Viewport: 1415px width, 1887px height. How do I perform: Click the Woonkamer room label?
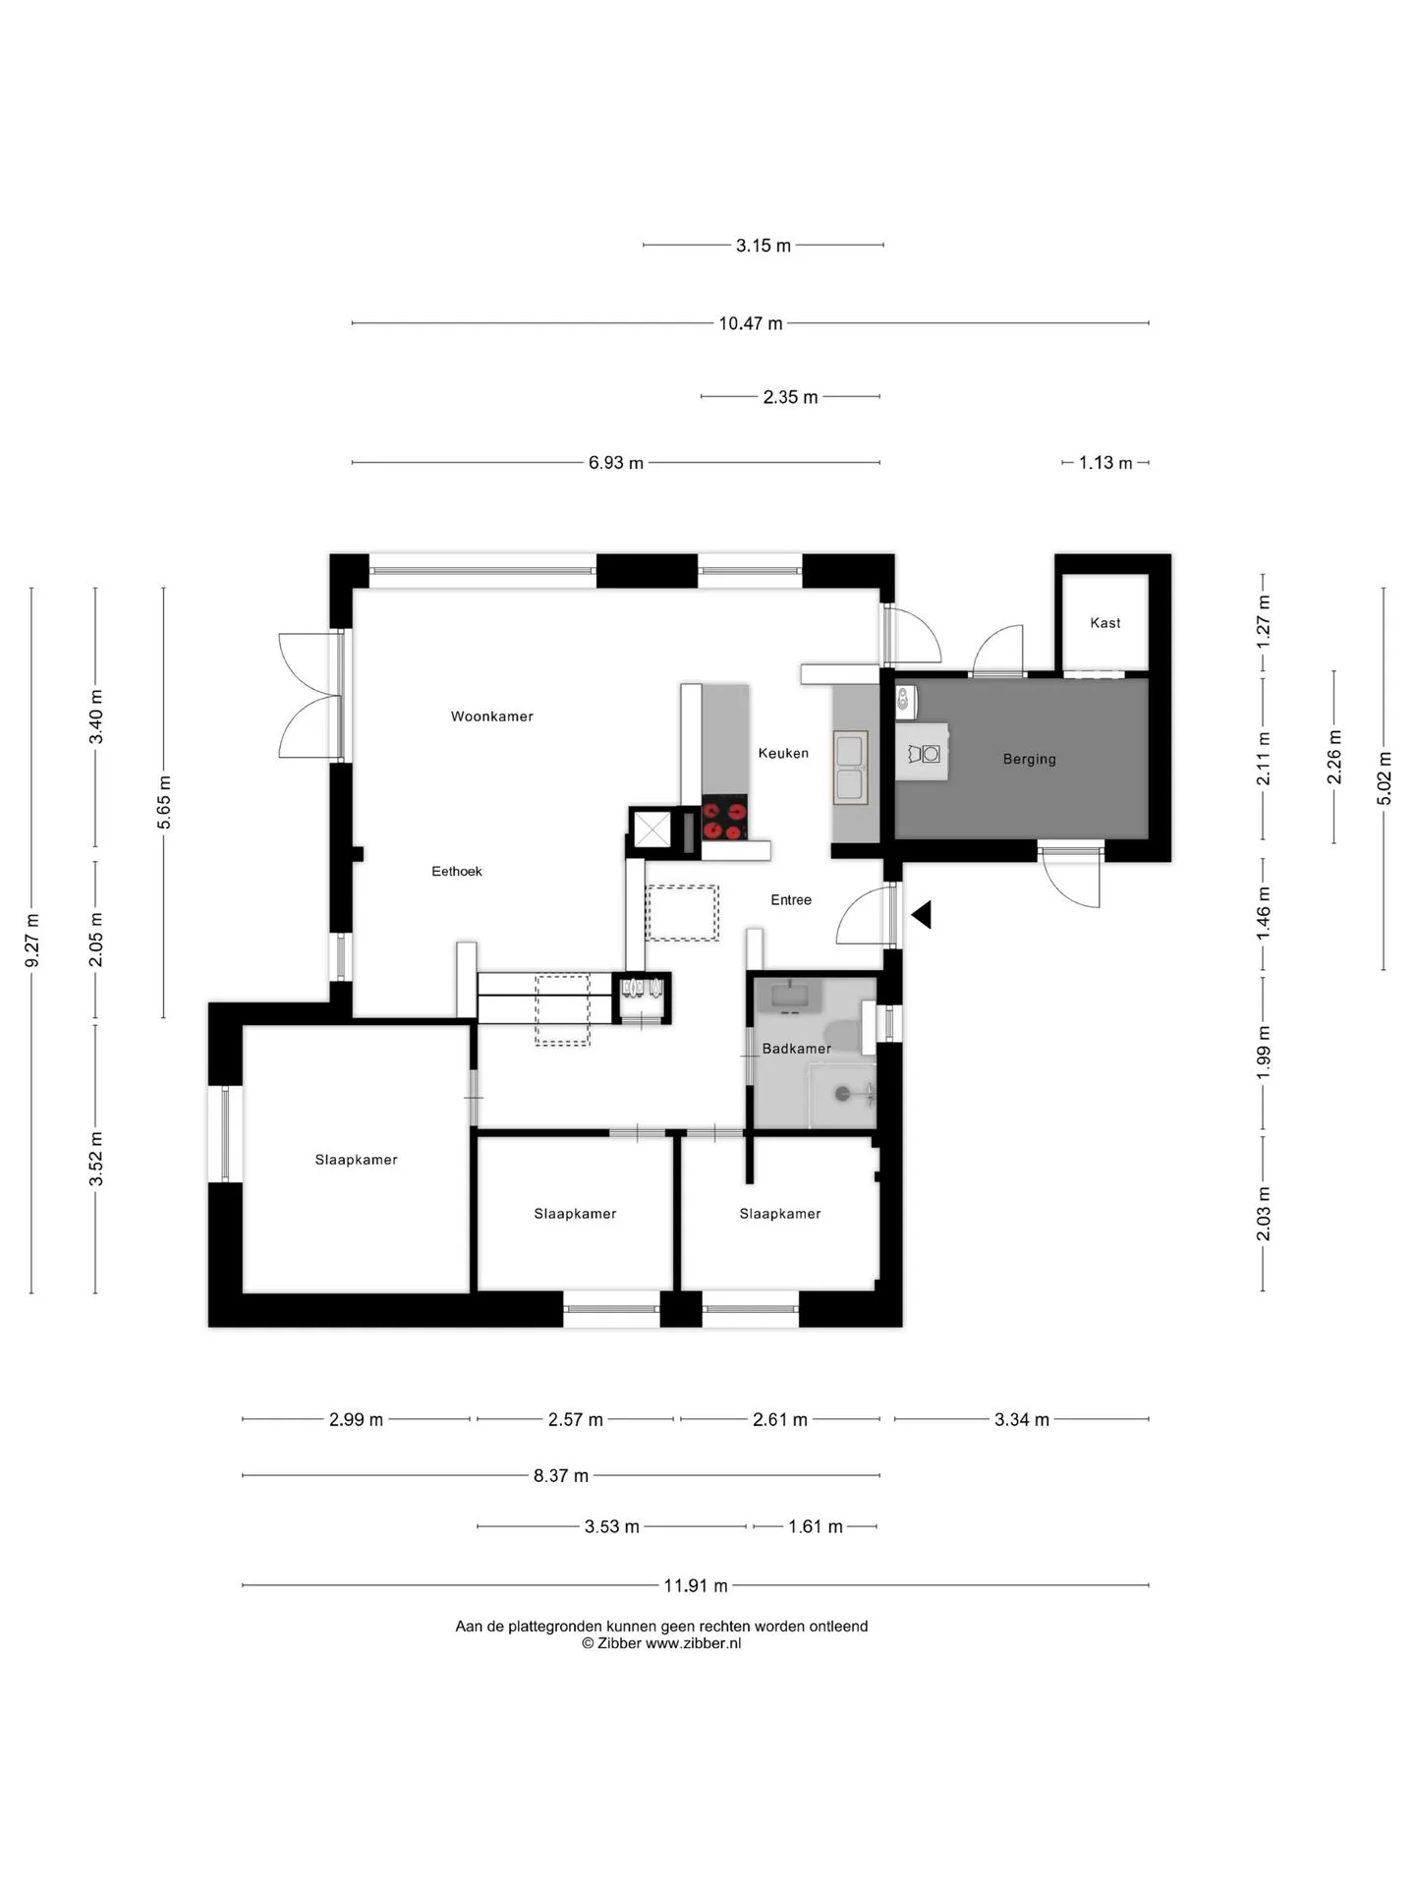tap(491, 716)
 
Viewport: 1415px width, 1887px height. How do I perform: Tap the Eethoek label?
tap(457, 871)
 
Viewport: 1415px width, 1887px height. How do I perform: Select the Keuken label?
tap(783, 753)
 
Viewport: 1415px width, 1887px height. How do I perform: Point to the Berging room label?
tap(1029, 759)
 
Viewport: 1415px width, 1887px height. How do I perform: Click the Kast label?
tap(1105, 622)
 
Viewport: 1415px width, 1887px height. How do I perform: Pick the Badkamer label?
tap(796, 1049)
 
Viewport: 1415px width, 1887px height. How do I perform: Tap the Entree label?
tap(791, 899)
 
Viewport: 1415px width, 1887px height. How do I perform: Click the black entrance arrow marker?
tap(922, 915)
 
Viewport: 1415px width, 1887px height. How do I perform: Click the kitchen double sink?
tap(850, 767)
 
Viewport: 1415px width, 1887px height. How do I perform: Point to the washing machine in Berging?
tap(925, 753)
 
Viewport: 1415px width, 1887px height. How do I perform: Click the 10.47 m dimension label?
tap(751, 323)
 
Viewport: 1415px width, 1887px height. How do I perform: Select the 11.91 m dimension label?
tap(696, 1585)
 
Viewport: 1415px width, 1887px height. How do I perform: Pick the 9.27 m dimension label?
tap(32, 941)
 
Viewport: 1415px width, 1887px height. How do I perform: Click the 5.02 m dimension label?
tap(1385, 778)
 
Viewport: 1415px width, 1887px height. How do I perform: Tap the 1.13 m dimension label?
tap(1105, 463)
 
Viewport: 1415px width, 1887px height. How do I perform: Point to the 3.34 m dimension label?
tap(1022, 1419)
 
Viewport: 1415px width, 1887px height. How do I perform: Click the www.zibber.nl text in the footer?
tap(693, 1643)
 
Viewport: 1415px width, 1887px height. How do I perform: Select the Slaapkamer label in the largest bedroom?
tap(356, 1160)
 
